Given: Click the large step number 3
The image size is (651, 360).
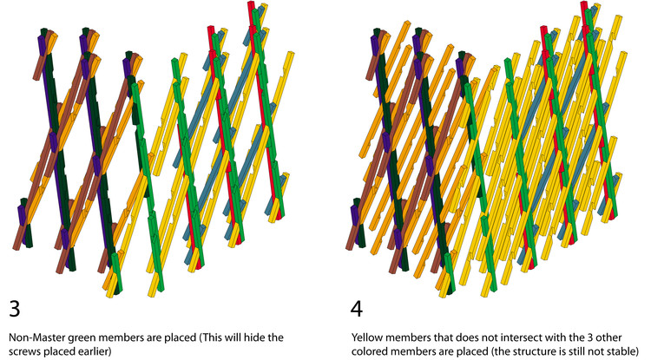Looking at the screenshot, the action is [15, 309].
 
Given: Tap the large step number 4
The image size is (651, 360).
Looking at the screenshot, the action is [357, 309].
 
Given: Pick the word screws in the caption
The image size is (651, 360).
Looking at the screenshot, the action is [22, 351].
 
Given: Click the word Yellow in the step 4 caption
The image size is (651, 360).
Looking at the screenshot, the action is [365, 337].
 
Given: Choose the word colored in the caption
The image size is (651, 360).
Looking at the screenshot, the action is [368, 350].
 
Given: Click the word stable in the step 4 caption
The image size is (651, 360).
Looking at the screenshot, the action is [622, 350].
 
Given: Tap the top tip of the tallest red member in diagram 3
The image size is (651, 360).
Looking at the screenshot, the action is [251, 2].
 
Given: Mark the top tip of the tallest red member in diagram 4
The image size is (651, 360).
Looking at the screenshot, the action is [584, 2].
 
